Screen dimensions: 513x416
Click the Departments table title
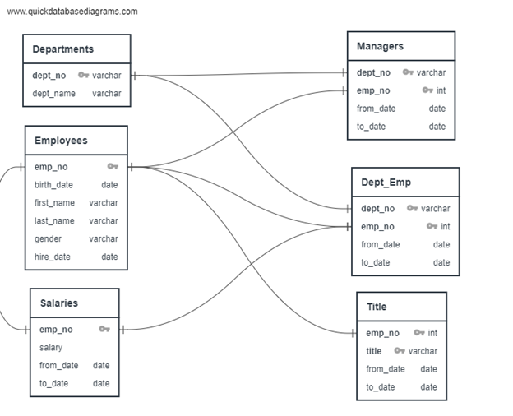click(x=62, y=49)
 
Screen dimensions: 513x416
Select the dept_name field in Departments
click(x=54, y=94)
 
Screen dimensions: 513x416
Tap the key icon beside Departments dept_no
click(x=83, y=75)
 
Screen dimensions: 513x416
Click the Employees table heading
click(x=61, y=141)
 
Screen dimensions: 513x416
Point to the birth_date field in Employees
click(x=53, y=185)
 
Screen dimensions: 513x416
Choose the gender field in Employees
click(x=48, y=239)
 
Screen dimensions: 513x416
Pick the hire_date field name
click(x=53, y=257)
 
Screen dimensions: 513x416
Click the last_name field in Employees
click(x=54, y=221)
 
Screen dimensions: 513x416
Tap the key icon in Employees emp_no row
click(x=113, y=166)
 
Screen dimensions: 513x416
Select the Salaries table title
click(x=59, y=303)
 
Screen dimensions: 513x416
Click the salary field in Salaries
click(x=51, y=348)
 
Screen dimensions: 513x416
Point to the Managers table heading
click(x=380, y=46)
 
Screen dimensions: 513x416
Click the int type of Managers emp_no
click(x=441, y=90)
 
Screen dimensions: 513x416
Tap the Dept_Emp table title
click(x=386, y=183)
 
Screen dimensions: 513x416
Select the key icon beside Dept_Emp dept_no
click(x=412, y=208)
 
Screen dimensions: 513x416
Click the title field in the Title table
click(x=373, y=351)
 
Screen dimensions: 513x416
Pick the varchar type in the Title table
click(x=423, y=351)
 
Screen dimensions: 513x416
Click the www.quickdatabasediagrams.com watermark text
click(x=72, y=12)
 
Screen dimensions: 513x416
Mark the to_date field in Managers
click(x=371, y=127)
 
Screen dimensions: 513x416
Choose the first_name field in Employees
click(x=54, y=203)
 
